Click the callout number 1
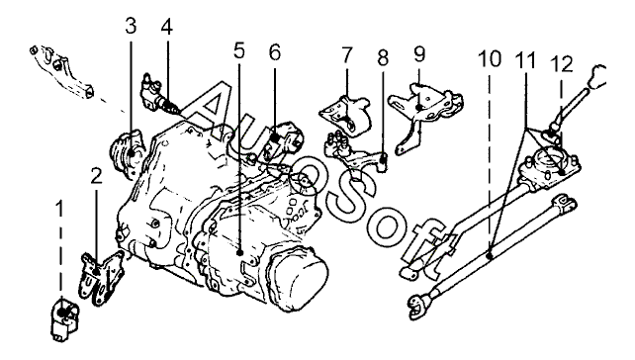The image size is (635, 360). click(x=59, y=210)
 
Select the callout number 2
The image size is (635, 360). click(x=96, y=176)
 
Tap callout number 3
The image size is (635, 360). click(x=131, y=26)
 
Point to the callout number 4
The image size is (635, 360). click(x=166, y=27)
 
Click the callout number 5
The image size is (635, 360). click(x=239, y=50)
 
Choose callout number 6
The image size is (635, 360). click(x=275, y=52)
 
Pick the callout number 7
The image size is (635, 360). click(x=346, y=55)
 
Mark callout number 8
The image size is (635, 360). click(x=383, y=57)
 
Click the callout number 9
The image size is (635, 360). click(x=419, y=53)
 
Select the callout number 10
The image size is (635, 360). click(x=490, y=59)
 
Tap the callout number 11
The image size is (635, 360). click(x=525, y=60)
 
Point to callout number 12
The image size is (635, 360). click(x=561, y=64)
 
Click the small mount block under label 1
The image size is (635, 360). click(x=64, y=318)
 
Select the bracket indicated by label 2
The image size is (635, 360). click(x=101, y=277)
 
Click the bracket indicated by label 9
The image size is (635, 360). click(x=425, y=114)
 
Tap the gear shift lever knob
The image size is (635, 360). click(x=597, y=77)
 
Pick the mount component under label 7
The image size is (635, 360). click(x=346, y=114)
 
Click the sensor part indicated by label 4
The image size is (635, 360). click(x=158, y=95)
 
